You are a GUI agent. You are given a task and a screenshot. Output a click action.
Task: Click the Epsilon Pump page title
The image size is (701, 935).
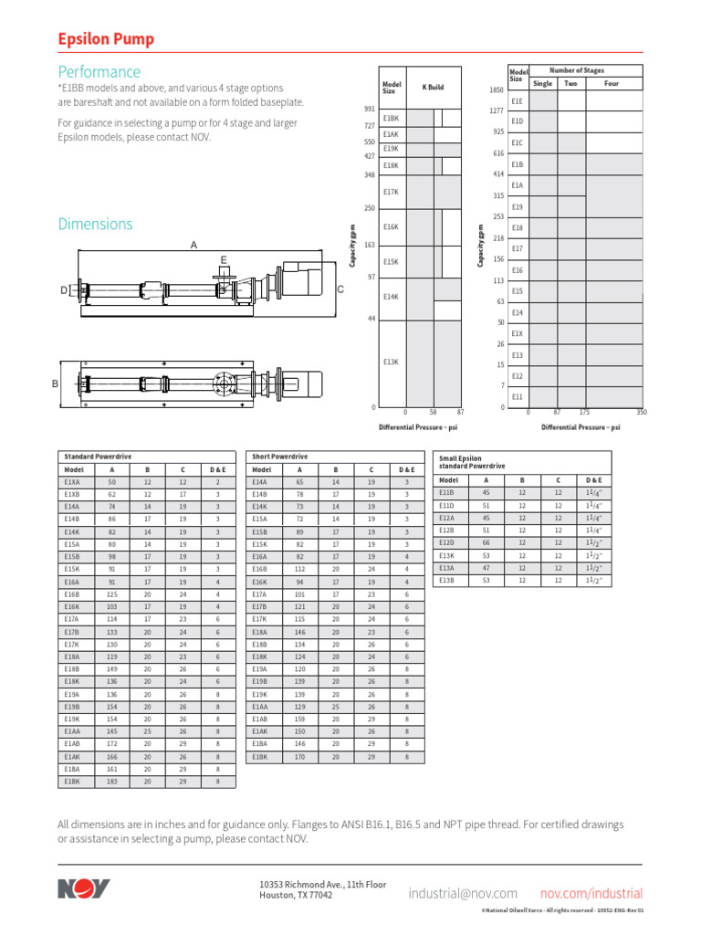106,39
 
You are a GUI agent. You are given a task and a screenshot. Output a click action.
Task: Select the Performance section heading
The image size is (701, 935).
99,71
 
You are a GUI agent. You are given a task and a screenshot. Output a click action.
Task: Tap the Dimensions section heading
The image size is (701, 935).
95,224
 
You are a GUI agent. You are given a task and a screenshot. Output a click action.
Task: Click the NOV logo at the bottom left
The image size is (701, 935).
83,888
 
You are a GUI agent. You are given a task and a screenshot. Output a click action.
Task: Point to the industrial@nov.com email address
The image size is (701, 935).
464,893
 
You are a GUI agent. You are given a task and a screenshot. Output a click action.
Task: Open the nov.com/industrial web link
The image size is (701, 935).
591,893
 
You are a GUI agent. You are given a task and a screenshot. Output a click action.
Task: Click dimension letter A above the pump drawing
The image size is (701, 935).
193,245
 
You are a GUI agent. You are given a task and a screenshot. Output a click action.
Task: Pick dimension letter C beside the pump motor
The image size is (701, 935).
340,289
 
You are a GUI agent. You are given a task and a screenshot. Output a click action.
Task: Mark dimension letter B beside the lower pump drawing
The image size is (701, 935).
55,384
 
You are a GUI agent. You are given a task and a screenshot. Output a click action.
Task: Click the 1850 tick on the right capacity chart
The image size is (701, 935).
497,90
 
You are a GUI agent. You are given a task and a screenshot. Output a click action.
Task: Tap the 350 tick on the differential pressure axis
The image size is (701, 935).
641,413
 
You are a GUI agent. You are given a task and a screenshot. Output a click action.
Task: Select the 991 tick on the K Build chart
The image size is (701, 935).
369,109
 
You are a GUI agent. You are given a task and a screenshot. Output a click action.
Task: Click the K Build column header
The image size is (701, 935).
433,87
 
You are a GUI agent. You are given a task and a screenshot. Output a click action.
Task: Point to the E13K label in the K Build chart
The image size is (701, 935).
392,362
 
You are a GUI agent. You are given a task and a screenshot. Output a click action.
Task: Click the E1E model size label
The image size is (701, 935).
518,101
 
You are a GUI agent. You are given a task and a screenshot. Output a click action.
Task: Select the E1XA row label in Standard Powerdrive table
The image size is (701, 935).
73,481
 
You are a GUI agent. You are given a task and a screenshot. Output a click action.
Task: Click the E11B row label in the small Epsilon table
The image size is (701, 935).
446,491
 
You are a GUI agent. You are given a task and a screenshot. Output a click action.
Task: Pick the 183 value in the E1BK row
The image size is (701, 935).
111,782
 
